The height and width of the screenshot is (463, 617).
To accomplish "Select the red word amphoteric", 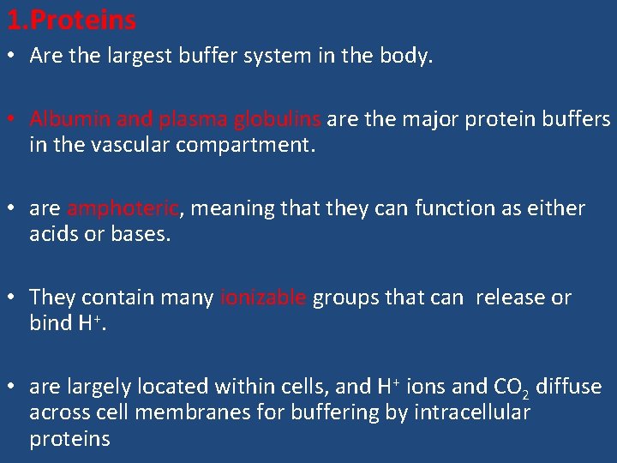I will click(123, 208).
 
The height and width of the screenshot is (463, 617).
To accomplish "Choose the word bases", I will click(141, 234).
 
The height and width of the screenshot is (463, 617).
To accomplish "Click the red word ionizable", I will click(263, 298).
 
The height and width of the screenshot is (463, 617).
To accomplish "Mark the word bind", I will click(49, 323).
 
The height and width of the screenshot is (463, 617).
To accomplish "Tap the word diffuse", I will click(568, 387).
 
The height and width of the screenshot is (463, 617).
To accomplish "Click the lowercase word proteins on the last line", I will click(69, 439).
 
